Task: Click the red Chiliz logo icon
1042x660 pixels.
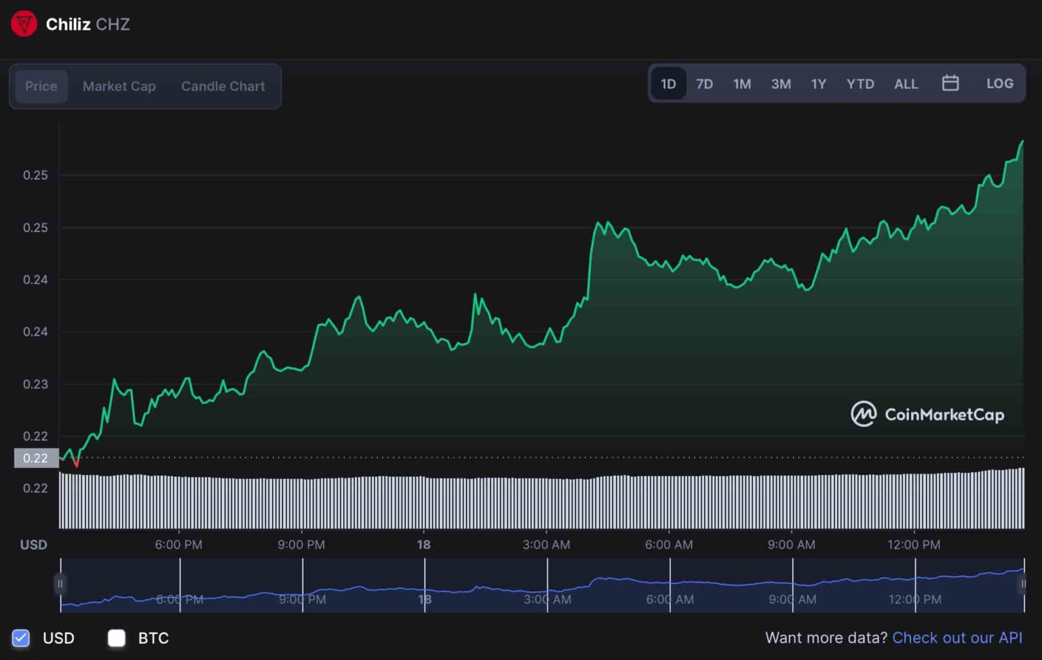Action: click(24, 24)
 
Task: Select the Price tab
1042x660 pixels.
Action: click(41, 86)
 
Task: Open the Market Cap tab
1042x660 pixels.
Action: click(119, 86)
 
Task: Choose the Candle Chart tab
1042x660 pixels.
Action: click(223, 86)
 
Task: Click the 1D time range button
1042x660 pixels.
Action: click(668, 83)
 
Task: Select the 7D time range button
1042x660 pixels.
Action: click(704, 83)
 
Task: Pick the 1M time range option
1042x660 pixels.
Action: click(741, 83)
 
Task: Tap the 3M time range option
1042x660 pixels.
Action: click(781, 83)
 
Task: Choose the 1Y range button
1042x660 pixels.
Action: click(818, 83)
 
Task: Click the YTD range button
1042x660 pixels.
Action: click(860, 83)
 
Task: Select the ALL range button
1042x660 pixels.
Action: click(906, 83)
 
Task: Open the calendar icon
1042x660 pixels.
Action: click(950, 83)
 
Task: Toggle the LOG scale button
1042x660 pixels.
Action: click(999, 83)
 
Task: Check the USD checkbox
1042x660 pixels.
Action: click(21, 638)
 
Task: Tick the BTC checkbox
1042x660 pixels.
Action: click(117, 638)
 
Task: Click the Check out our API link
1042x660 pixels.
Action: click(957, 638)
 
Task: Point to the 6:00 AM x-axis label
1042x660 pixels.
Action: click(669, 544)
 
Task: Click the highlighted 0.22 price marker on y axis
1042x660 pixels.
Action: click(35, 458)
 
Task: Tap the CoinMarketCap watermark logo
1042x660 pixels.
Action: click(927, 414)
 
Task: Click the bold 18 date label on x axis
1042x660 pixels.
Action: click(423, 544)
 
